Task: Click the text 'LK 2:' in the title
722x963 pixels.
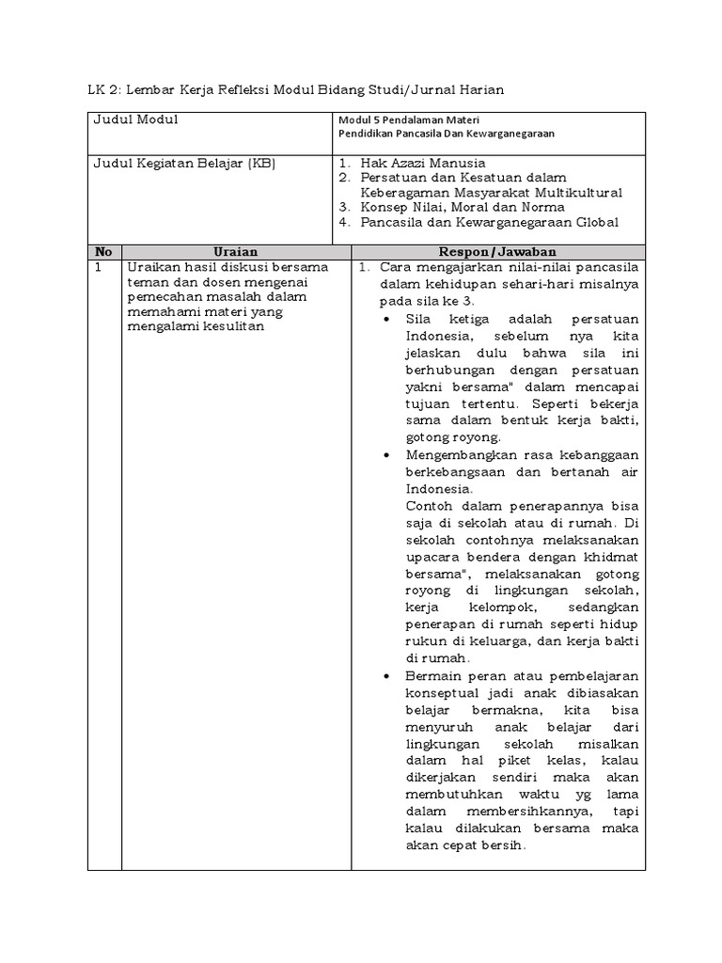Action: tap(103, 89)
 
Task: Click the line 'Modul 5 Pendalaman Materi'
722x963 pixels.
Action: tap(396, 120)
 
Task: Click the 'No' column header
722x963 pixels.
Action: tap(103, 252)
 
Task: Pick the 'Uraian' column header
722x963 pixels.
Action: tap(236, 252)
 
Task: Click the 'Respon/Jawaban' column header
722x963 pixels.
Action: tap(497, 252)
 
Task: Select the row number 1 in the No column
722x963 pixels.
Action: tap(97, 267)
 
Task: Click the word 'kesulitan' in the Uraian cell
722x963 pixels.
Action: tap(234, 326)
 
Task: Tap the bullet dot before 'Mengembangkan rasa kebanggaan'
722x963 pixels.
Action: tap(389, 454)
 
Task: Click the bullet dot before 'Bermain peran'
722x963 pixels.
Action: tap(389, 677)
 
